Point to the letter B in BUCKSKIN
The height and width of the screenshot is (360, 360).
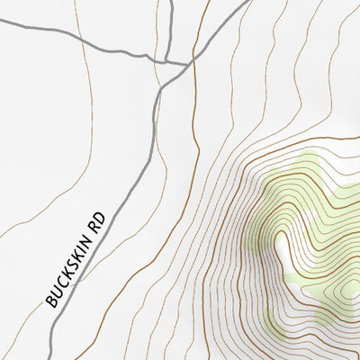[50, 301]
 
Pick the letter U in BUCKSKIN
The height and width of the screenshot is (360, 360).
[55, 293]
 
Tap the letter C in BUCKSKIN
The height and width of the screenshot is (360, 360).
[60, 286]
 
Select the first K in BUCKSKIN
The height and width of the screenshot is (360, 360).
[66, 277]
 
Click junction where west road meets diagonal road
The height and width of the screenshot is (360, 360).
[190, 63]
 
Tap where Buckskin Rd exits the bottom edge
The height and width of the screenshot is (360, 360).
[47, 358]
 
